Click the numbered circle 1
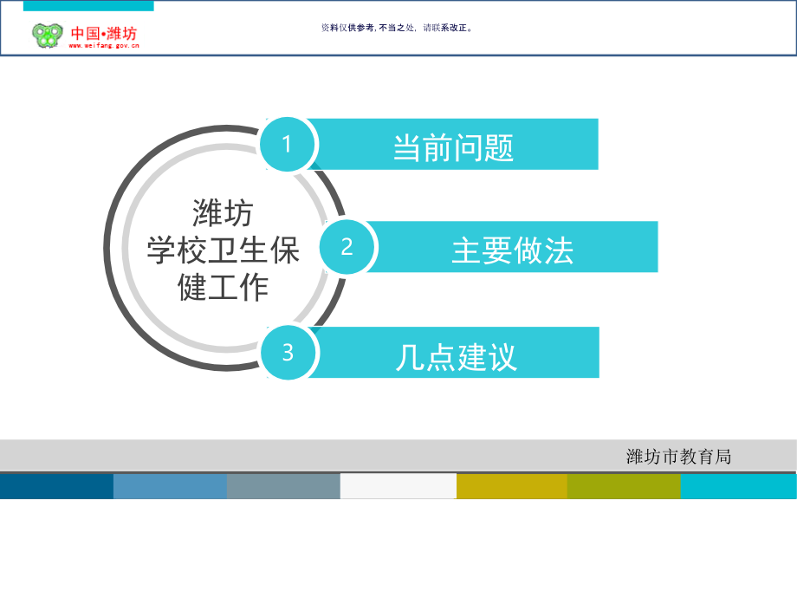coord(287,145)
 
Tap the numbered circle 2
coord(347,247)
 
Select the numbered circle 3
coord(288,353)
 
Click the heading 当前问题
coord(453,147)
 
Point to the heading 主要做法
coord(512,250)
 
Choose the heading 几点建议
coord(456,356)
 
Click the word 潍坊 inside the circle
coord(223,212)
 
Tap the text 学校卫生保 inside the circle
coord(223,250)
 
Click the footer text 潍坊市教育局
coord(678,457)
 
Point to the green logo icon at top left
coord(48,36)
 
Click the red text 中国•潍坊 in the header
coord(104,33)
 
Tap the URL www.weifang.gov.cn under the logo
coord(104,46)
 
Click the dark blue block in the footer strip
coord(56,486)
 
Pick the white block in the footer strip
coord(398,486)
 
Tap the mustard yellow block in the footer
coord(511,486)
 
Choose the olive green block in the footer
coord(623,486)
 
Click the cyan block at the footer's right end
coord(737,486)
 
